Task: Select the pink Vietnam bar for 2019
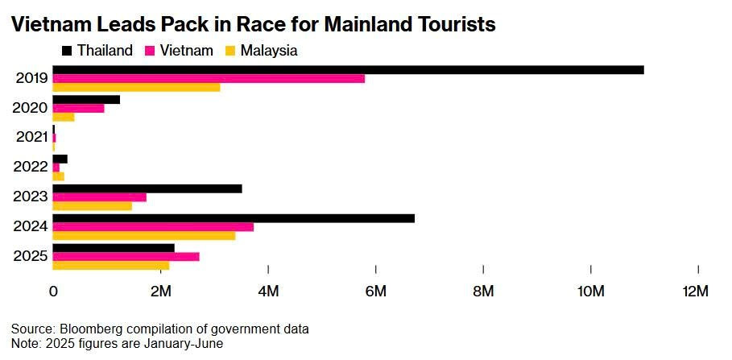(x=209, y=78)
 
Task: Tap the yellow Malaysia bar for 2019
(x=136, y=87)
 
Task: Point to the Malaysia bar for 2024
(x=144, y=236)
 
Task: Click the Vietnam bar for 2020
(x=79, y=108)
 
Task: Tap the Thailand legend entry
(x=97, y=51)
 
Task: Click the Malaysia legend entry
(x=262, y=51)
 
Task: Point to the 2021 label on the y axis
(x=32, y=137)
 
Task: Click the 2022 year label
(x=32, y=167)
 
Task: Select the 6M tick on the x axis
(x=375, y=291)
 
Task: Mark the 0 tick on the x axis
(x=53, y=291)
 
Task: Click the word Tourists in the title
(x=451, y=25)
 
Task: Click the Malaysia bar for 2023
(x=93, y=206)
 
